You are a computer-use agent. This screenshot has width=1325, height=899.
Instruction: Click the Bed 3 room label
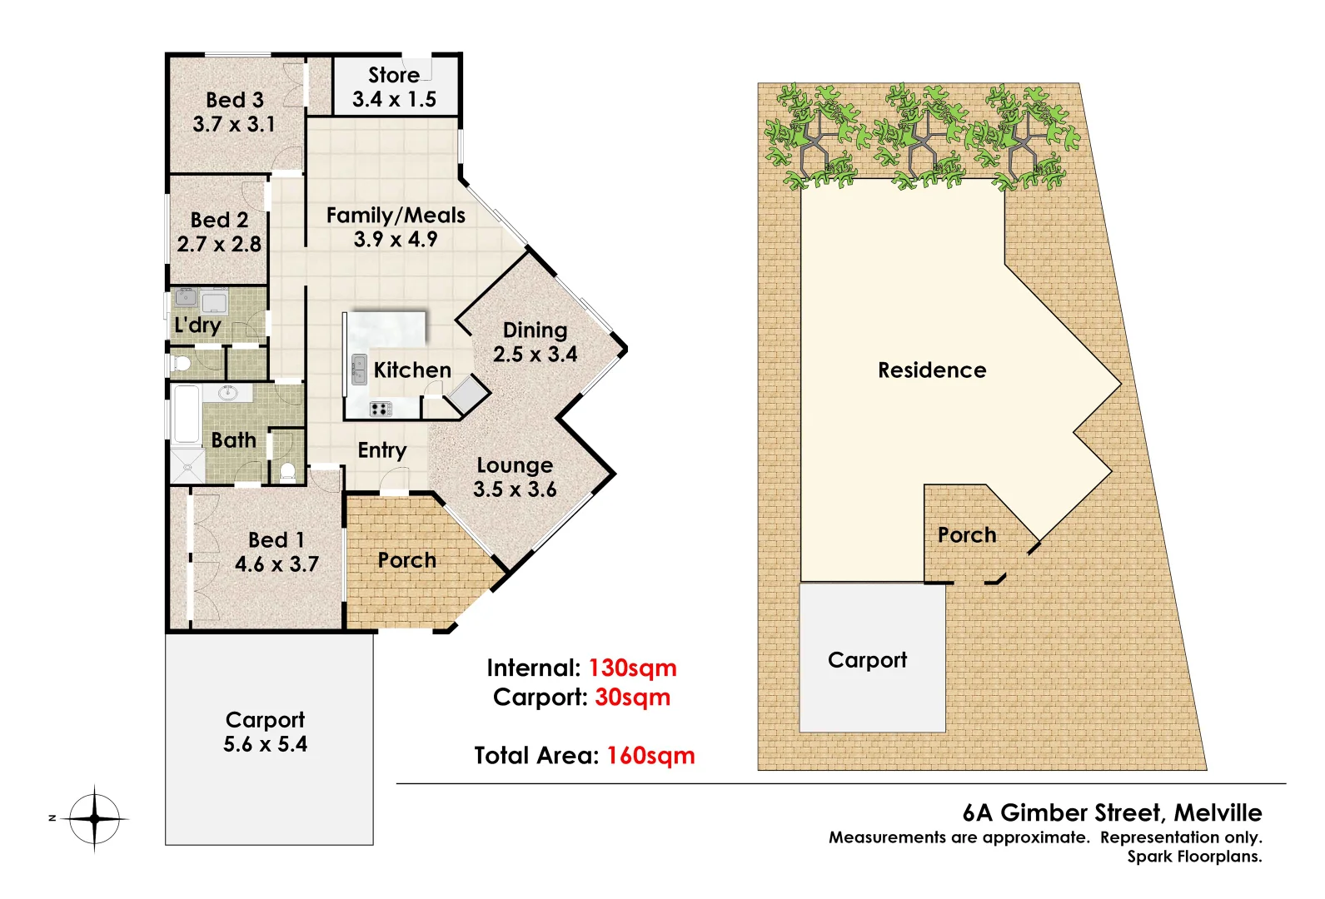pyautogui.click(x=234, y=100)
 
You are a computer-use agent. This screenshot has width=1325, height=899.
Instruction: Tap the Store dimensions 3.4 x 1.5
pyautogui.click(x=394, y=99)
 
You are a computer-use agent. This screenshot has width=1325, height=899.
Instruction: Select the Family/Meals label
pyautogui.click(x=396, y=215)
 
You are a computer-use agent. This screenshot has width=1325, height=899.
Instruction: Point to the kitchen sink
pyautogui.click(x=359, y=369)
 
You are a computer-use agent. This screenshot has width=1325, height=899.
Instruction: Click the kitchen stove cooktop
pyautogui.click(x=381, y=408)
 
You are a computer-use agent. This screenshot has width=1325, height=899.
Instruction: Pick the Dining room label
pyautogui.click(x=535, y=330)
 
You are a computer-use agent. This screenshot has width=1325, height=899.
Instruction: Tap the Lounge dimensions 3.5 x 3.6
pyautogui.click(x=515, y=489)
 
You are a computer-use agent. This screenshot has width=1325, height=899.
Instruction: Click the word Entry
pyautogui.click(x=382, y=450)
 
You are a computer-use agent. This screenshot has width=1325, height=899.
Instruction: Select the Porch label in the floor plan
pyautogui.click(x=406, y=560)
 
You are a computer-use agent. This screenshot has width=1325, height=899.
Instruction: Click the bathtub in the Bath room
pyautogui.click(x=186, y=414)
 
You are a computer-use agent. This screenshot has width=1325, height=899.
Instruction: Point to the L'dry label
pyautogui.click(x=197, y=325)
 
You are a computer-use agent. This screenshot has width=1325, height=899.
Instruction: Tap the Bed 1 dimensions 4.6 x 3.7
pyautogui.click(x=276, y=564)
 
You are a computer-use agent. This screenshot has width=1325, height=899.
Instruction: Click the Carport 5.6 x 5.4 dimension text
pyautogui.click(x=265, y=744)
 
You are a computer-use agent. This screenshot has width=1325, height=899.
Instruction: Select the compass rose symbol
pyautogui.click(x=94, y=818)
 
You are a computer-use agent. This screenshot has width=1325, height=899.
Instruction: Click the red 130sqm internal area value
pyautogui.click(x=632, y=668)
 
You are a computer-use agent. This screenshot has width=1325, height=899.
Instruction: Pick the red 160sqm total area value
pyautogui.click(x=650, y=755)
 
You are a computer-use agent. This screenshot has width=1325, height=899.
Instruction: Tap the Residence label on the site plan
pyautogui.click(x=932, y=370)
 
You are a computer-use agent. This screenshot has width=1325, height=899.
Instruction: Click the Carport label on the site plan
pyautogui.click(x=867, y=660)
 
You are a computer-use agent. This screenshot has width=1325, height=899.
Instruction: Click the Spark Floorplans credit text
pyautogui.click(x=1194, y=857)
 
